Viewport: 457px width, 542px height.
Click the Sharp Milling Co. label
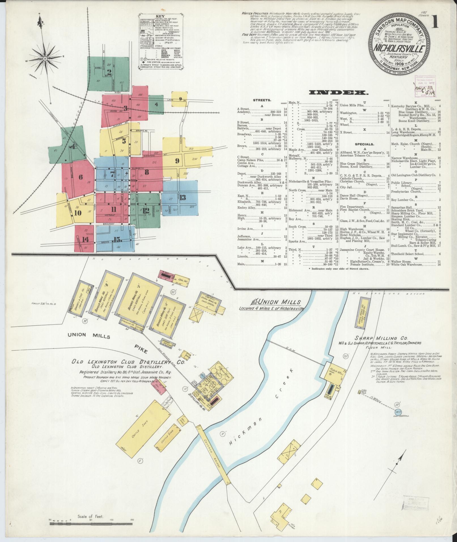(x=389, y=338)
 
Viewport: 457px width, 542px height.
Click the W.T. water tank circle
(x=398, y=412)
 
